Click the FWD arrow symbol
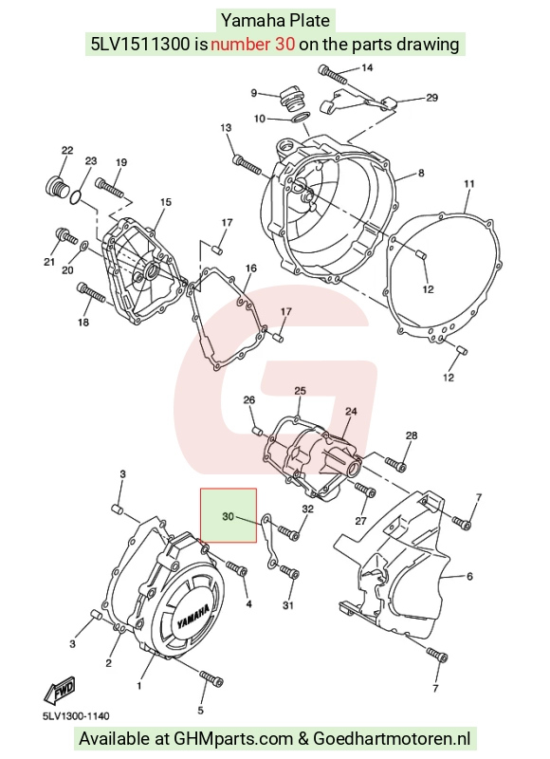tap(60, 690)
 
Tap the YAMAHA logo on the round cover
tap(193, 617)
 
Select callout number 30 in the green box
tap(228, 516)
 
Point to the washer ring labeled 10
tap(301, 118)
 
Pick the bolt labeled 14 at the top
tap(333, 74)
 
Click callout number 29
tap(431, 98)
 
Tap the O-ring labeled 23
tap(76, 197)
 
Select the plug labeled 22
tap(57, 187)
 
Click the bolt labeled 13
tap(247, 164)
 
